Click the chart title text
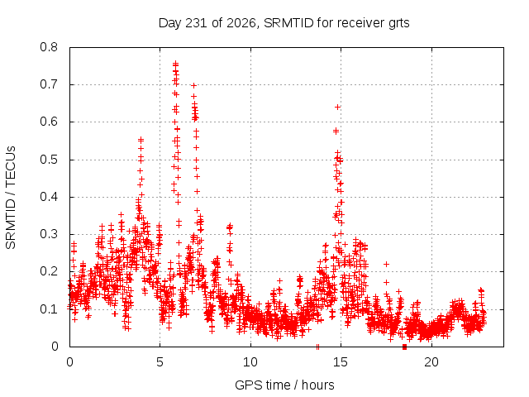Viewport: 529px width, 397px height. [284, 23]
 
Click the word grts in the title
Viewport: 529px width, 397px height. [398, 24]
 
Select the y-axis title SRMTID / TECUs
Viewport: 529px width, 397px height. [11, 198]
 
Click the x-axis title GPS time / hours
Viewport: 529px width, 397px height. [284, 385]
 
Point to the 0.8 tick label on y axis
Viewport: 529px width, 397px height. [49, 47]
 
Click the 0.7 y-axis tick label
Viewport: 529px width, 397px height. [49, 84]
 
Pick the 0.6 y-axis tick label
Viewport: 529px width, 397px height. [49, 122]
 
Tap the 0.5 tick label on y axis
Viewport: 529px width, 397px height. [49, 160]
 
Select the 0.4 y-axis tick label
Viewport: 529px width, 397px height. [49, 197]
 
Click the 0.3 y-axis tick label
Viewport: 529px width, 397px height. [49, 234]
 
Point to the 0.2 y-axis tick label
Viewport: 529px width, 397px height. [49, 271]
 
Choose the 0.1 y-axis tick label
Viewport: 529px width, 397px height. [49, 309]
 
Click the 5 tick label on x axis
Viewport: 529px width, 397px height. [160, 362]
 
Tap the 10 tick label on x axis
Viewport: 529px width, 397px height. [250, 362]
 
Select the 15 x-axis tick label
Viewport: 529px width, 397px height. [341, 362]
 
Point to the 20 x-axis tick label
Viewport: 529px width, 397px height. [431, 362]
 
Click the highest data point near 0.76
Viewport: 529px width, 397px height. [175, 63]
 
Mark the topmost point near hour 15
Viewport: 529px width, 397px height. [337, 107]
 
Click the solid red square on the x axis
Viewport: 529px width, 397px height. [404, 347]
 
